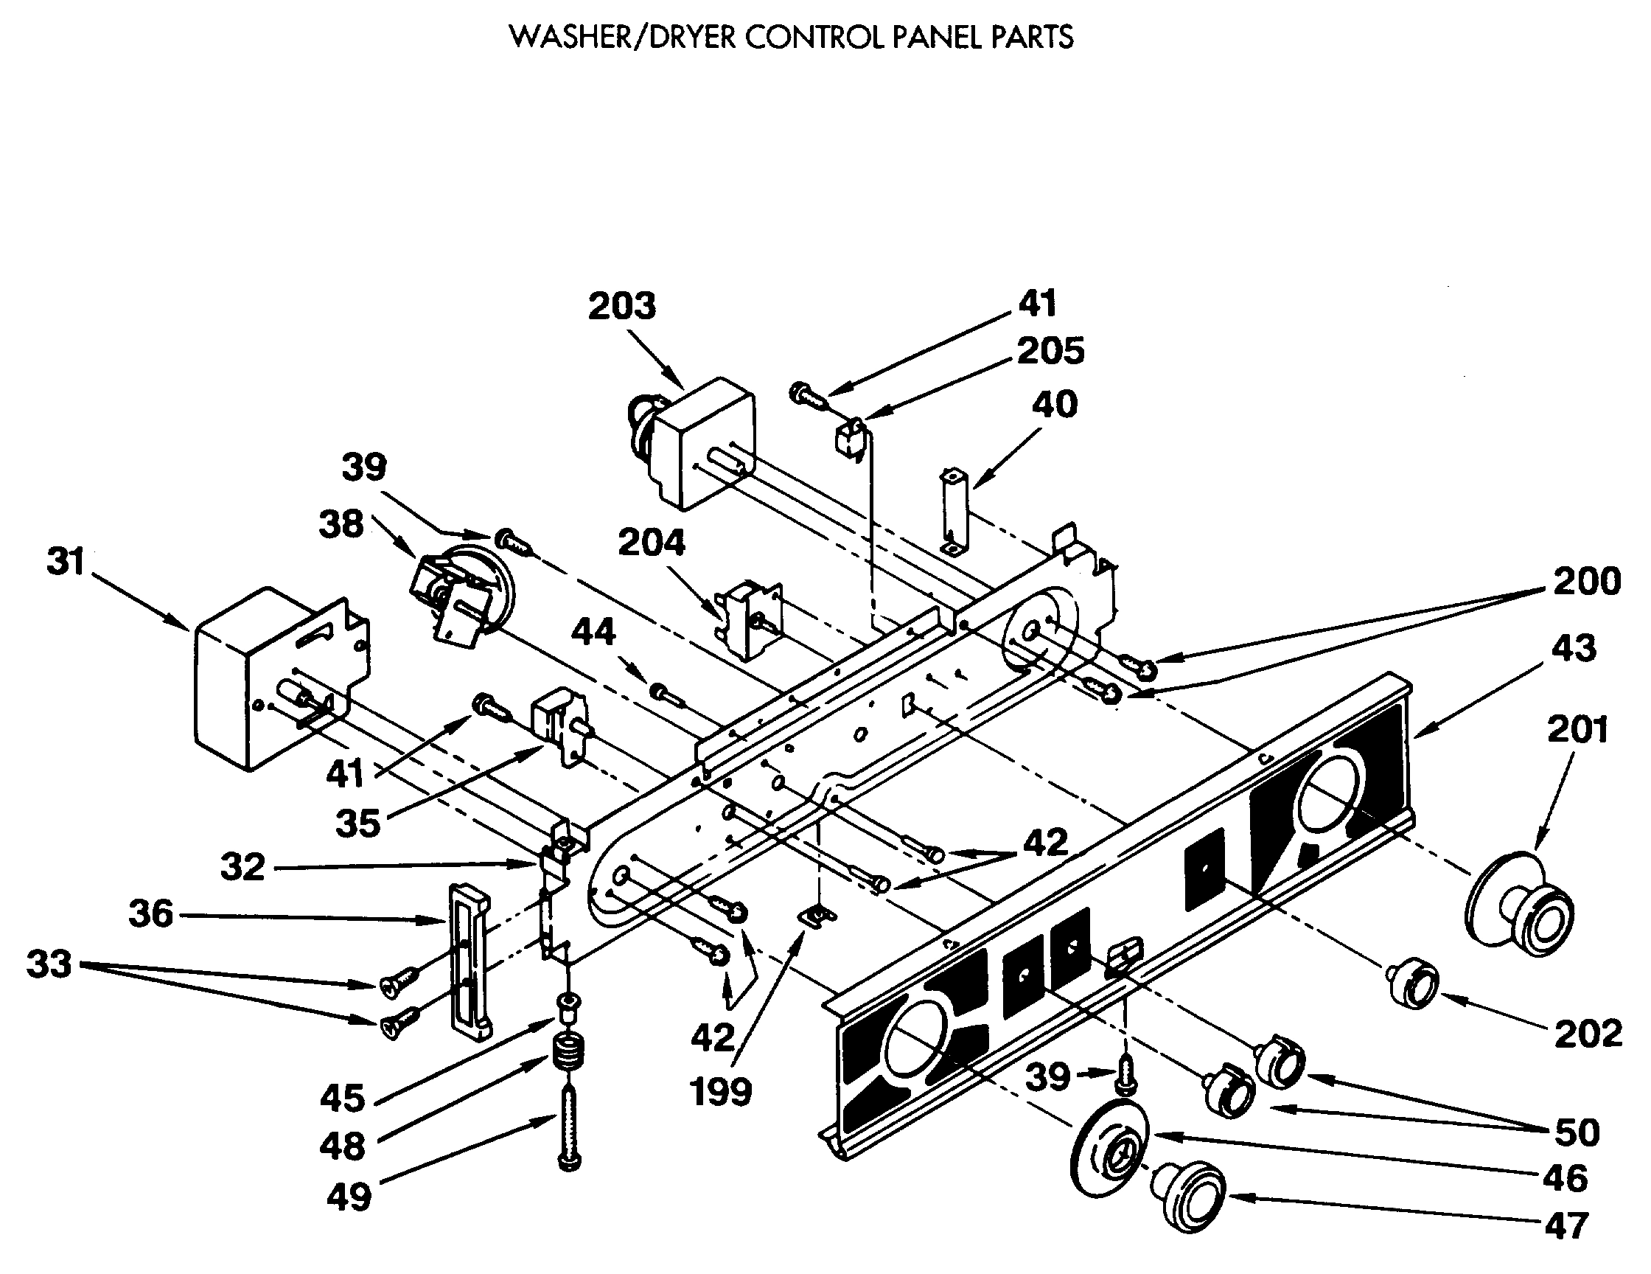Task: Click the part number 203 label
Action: point(622,306)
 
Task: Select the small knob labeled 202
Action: point(1412,986)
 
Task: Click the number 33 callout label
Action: point(49,965)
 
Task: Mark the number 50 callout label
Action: point(1577,1132)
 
